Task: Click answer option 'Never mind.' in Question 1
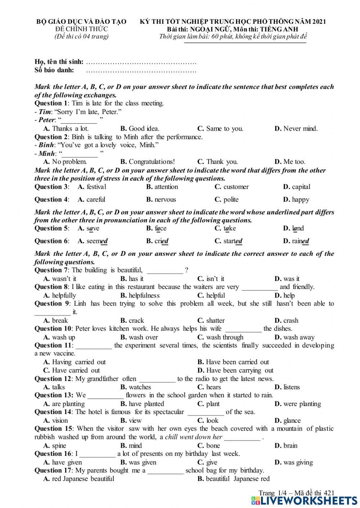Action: (300, 128)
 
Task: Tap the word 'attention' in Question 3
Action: (166, 187)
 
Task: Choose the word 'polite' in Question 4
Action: (231, 200)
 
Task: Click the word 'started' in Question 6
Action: (233, 241)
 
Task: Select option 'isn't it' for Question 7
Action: (215, 279)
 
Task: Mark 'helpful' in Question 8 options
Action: (215, 295)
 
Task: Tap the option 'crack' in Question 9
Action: (136, 321)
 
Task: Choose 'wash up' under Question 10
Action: (63, 337)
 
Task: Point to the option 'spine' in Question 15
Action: (59, 445)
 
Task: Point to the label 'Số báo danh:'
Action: (54, 70)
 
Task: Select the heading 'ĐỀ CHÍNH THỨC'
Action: (81, 29)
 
